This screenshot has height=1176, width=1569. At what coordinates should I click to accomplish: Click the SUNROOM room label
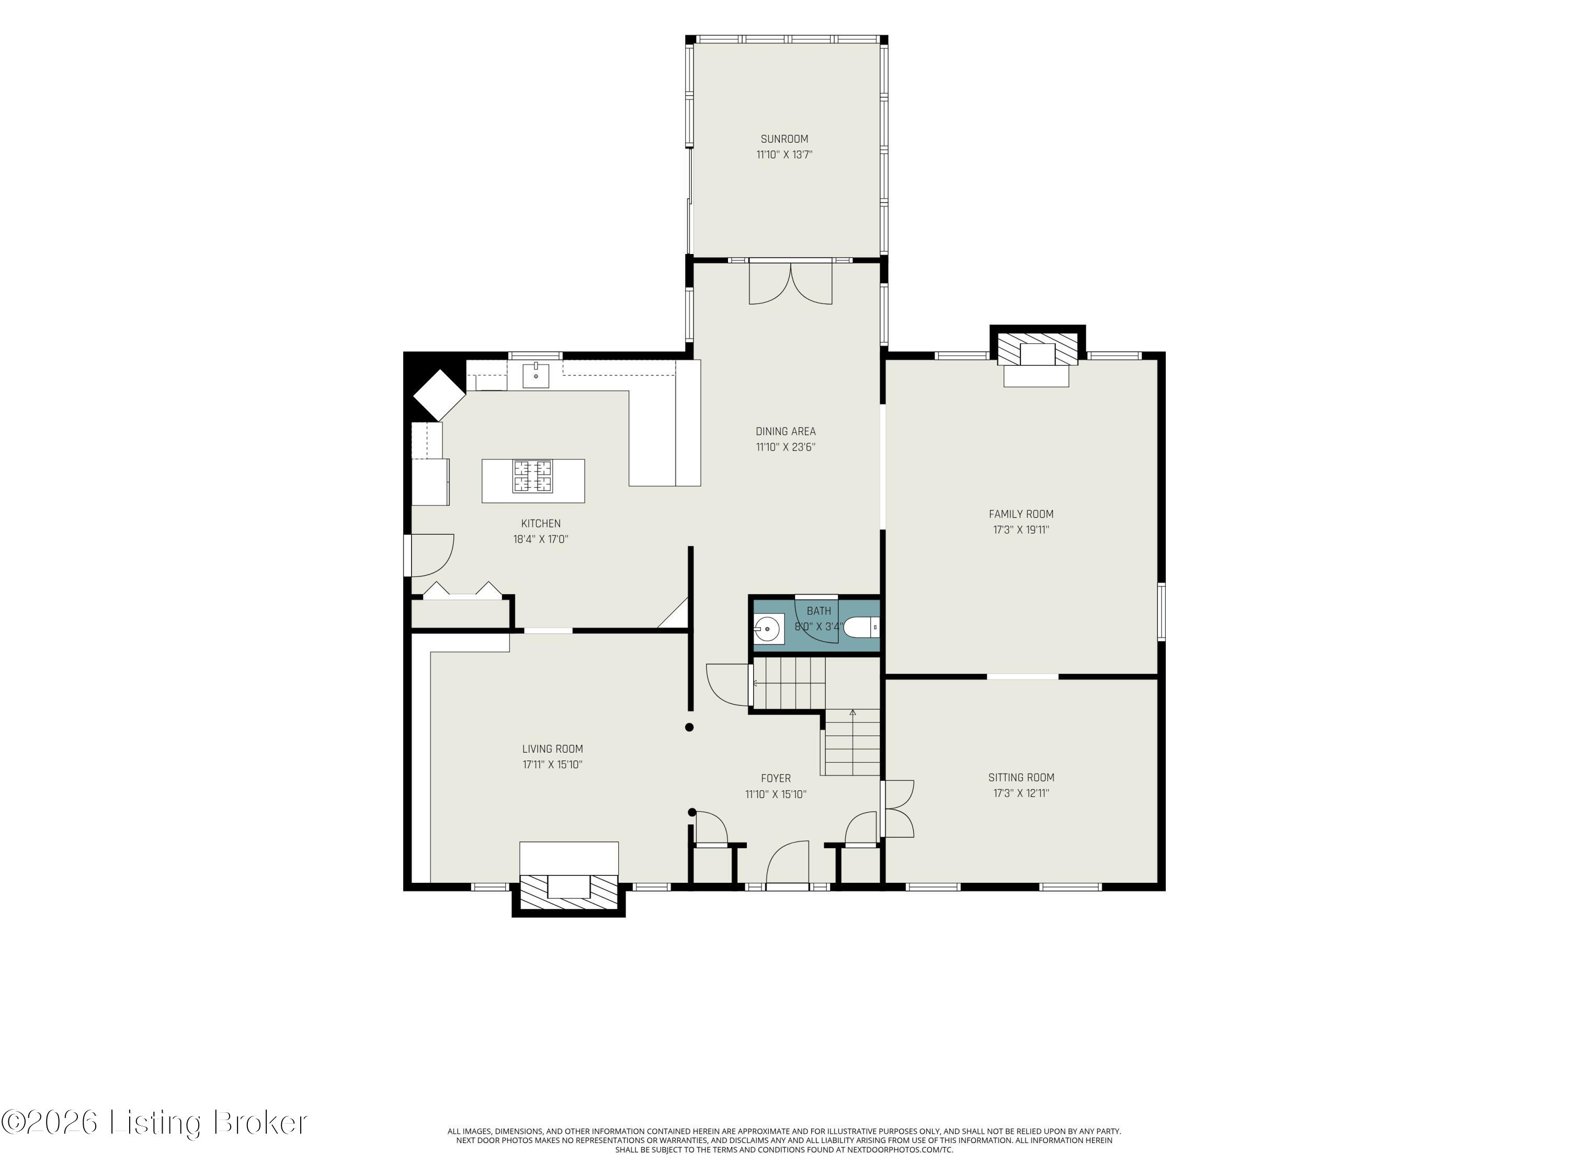(x=784, y=139)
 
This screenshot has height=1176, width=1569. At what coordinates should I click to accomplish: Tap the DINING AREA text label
(x=785, y=431)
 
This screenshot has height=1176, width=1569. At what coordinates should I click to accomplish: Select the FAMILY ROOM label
(x=1021, y=514)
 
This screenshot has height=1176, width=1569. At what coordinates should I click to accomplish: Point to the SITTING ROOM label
(x=1021, y=778)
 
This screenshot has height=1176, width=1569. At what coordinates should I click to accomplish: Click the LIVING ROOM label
(x=553, y=748)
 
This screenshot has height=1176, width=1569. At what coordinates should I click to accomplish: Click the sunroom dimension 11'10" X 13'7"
(x=784, y=155)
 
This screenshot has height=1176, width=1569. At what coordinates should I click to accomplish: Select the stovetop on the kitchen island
(x=533, y=476)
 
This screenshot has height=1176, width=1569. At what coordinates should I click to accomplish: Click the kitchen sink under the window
(x=536, y=375)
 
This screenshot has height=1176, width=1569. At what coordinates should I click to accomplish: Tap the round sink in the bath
(x=767, y=628)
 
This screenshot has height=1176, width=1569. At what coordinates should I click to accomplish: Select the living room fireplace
(x=569, y=879)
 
